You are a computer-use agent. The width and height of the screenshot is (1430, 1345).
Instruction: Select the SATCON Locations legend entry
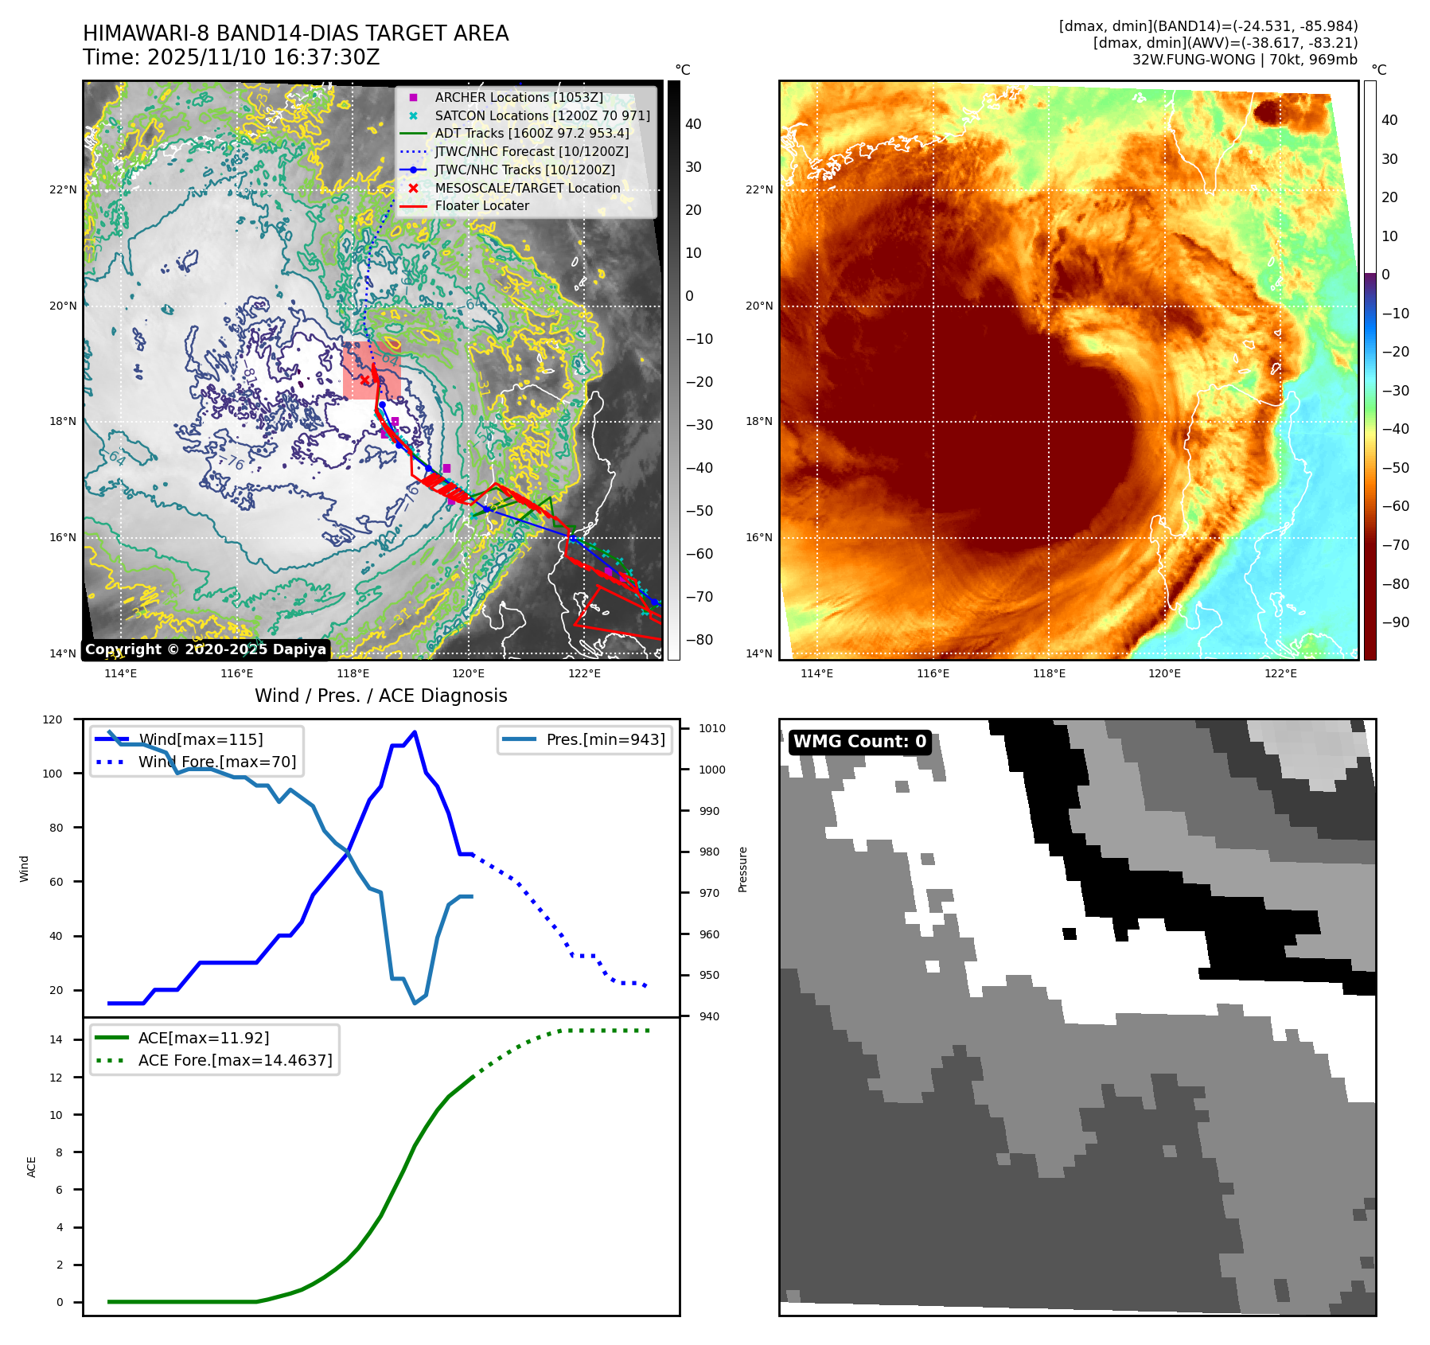click(x=542, y=116)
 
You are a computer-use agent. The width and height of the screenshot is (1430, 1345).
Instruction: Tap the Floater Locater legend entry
click(x=481, y=206)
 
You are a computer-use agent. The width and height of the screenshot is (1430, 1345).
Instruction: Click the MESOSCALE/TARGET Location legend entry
click(x=527, y=189)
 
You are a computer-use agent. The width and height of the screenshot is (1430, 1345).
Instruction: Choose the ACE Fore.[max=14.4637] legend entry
click(x=235, y=1061)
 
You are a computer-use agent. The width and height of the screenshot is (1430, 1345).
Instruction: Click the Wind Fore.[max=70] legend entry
click(x=216, y=762)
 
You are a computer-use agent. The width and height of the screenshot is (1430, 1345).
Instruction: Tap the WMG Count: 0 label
click(x=859, y=742)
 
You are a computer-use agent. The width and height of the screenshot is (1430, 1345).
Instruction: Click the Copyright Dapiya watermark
click(x=205, y=649)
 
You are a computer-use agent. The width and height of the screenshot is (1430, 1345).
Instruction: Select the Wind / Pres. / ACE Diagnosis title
click(x=380, y=696)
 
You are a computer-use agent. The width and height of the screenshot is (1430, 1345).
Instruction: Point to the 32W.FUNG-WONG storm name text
click(x=1194, y=60)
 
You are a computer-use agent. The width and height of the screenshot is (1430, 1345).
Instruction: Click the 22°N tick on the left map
click(x=63, y=190)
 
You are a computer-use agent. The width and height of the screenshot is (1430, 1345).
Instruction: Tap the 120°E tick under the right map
click(x=1164, y=674)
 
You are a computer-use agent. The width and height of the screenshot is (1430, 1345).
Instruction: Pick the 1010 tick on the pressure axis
click(x=712, y=729)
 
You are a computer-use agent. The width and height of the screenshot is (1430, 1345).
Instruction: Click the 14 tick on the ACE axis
click(x=56, y=1040)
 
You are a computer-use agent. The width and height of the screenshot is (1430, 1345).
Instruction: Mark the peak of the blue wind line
click(x=415, y=732)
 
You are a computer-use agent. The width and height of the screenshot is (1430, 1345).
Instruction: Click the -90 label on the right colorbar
click(x=1395, y=623)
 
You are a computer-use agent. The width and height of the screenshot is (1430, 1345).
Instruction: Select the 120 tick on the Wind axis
click(x=53, y=720)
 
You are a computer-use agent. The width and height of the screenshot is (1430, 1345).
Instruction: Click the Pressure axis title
click(x=742, y=870)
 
